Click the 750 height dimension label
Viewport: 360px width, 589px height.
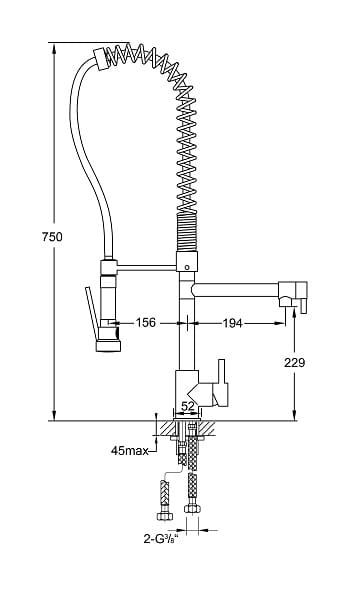(x=52, y=237)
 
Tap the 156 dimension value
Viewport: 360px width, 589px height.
(x=145, y=322)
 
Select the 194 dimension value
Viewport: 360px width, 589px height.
(x=233, y=323)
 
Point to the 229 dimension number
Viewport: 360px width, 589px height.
(x=295, y=362)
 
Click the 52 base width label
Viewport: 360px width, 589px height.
(x=188, y=406)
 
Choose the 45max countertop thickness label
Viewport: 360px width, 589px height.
(x=130, y=450)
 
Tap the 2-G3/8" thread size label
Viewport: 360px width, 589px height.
(x=160, y=539)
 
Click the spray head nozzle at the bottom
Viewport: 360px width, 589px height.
(x=108, y=346)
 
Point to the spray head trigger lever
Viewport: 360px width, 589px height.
(x=91, y=313)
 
